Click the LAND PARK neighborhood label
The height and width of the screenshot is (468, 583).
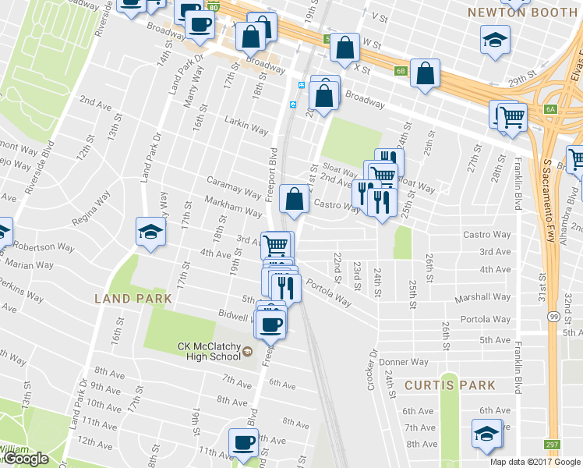point(127,298)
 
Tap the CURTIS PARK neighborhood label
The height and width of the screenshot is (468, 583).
point(450,385)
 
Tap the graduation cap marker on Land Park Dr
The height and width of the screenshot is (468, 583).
point(150,230)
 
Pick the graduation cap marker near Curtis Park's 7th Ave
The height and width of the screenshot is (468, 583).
point(486,433)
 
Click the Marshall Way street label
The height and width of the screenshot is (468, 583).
point(485,297)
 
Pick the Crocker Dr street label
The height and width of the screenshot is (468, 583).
point(371,370)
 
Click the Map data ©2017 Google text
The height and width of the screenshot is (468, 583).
point(535,462)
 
